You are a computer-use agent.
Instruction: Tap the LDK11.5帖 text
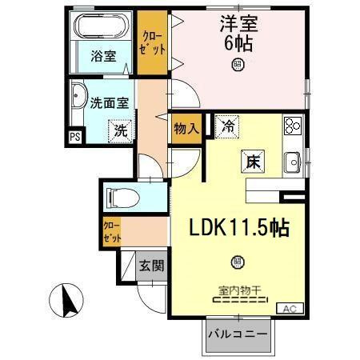tap(238, 228)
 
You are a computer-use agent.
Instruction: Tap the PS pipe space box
tap(75, 136)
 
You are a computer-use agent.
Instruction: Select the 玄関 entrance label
tap(151, 264)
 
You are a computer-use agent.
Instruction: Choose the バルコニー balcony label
tap(238, 333)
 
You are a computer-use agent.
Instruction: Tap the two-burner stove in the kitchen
tap(291, 126)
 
